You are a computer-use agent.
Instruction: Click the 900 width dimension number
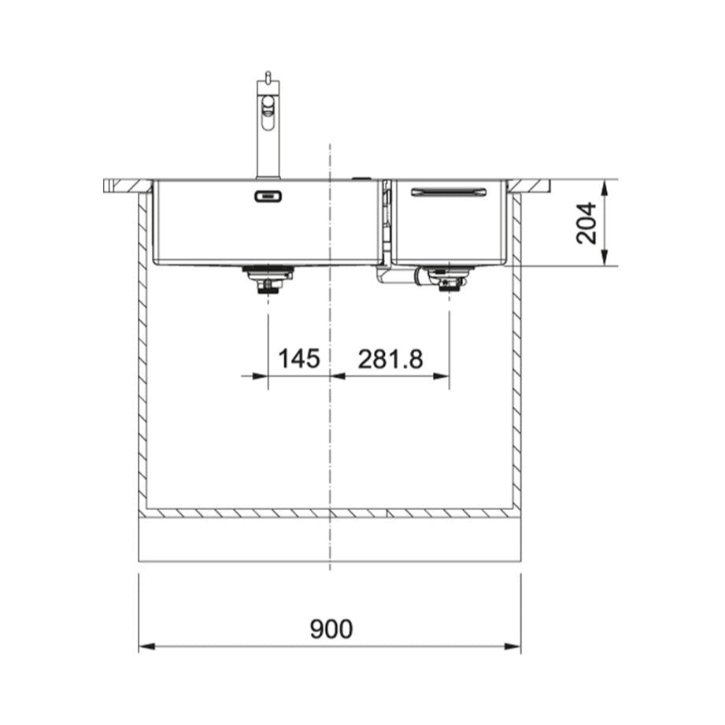(331, 629)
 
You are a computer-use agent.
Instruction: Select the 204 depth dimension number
(586, 223)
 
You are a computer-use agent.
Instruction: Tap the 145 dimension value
(298, 358)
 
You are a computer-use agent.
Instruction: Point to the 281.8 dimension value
(390, 359)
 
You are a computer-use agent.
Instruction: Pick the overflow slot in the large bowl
(268, 197)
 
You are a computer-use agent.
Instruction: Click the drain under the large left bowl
(268, 279)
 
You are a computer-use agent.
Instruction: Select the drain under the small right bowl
(449, 279)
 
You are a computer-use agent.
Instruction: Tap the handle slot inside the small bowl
(449, 192)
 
